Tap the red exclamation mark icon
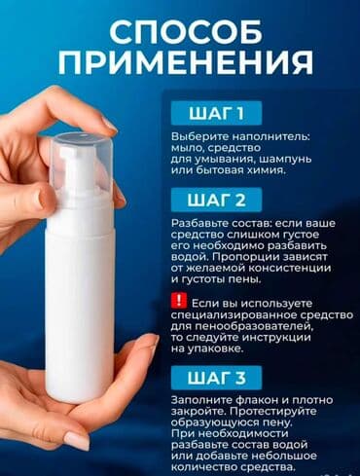click(x=177, y=302)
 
